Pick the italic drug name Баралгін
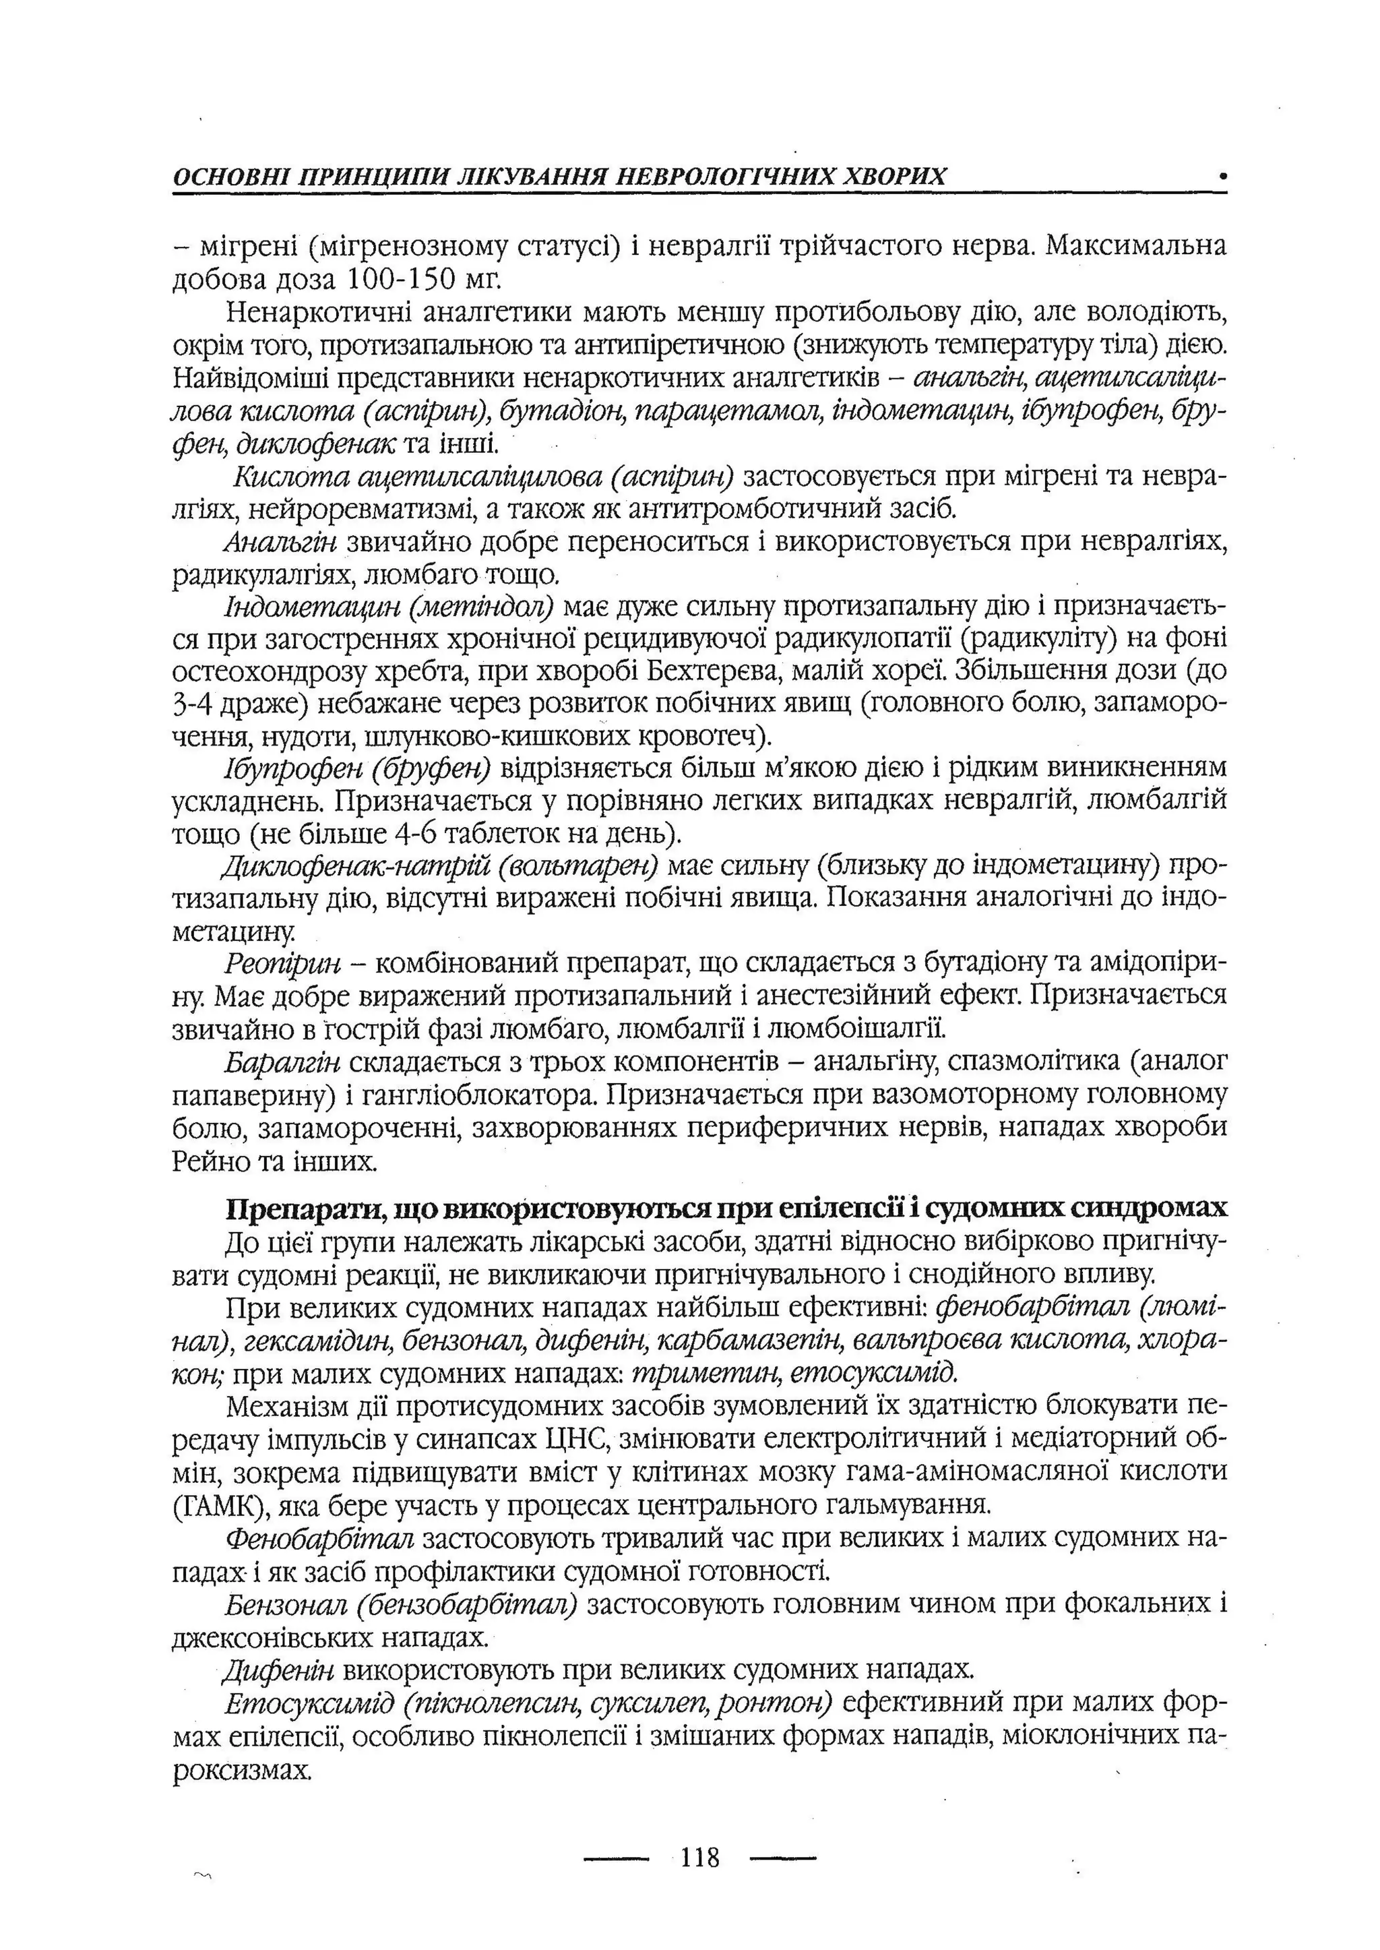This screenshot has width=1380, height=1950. (283, 1062)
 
